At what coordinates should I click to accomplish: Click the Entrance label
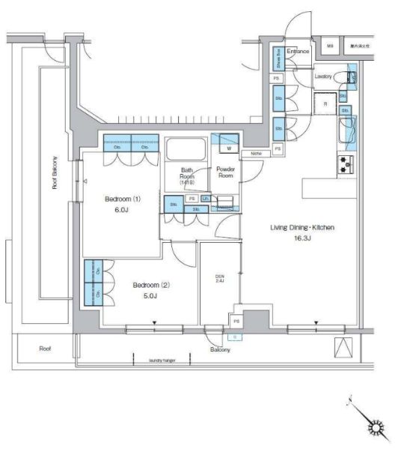pos(298,51)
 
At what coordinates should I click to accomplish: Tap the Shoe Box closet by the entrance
pos(278,58)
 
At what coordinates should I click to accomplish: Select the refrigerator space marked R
pos(325,103)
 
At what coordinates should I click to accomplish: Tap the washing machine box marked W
pos(227,148)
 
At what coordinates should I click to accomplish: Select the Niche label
pos(257,154)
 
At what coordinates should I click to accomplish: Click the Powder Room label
pos(225,173)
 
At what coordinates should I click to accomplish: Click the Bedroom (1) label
pos(122,199)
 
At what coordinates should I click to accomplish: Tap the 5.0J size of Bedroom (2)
pos(147,296)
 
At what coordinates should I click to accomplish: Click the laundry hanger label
pos(163,360)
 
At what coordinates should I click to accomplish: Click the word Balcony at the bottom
pos(219,350)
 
